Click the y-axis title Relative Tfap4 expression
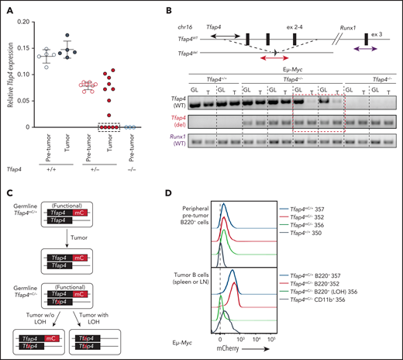point(6,73)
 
